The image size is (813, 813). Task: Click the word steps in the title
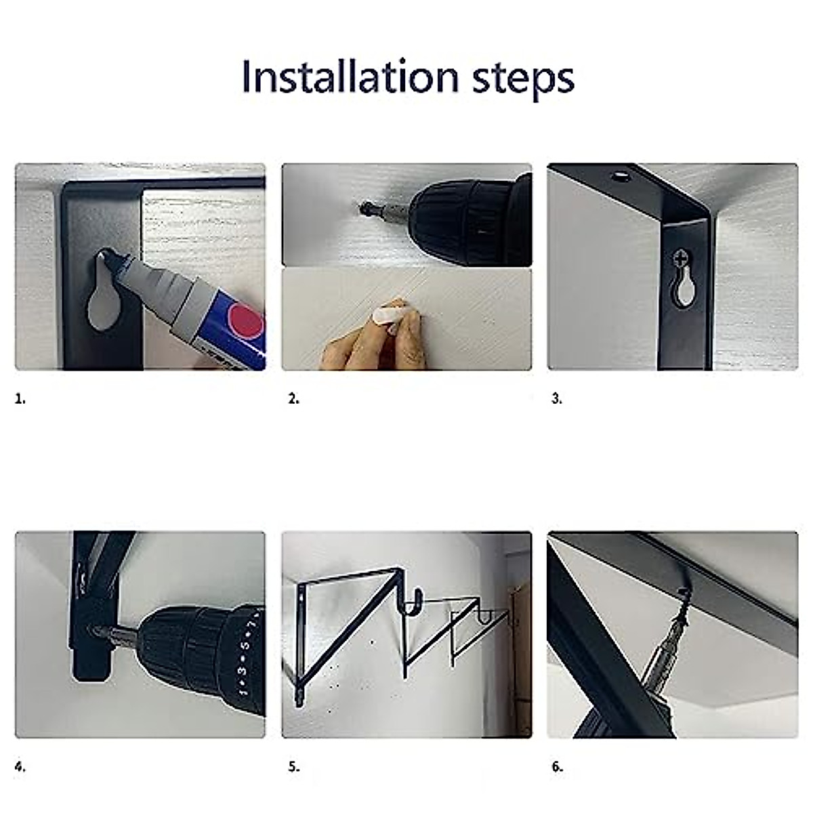coord(523,78)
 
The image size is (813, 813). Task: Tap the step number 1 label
coord(20,399)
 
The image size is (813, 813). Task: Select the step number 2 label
coord(293,399)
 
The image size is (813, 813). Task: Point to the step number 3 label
coord(556,399)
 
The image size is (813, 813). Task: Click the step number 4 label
coord(20,767)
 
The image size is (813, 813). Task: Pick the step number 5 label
coord(293,767)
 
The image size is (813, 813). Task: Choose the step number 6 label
coord(557,767)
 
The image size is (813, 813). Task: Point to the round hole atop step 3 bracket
coord(619,177)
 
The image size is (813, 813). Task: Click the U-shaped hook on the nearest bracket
coord(412,605)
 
